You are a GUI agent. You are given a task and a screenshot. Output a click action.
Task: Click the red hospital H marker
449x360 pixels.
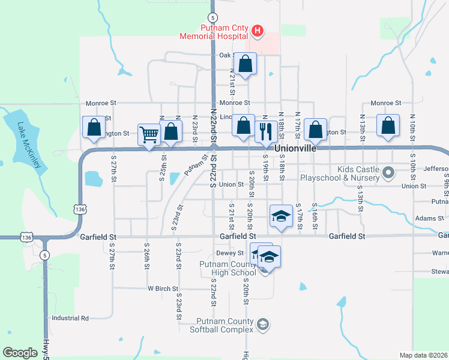click(x=257, y=31)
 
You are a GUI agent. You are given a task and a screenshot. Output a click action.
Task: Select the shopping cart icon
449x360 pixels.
click(x=149, y=133)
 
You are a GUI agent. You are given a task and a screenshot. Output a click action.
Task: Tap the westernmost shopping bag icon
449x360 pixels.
click(x=94, y=127)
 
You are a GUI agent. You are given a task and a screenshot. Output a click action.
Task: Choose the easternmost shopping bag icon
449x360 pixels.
click(x=388, y=126)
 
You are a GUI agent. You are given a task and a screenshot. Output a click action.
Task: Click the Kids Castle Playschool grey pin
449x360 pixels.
click(x=388, y=173)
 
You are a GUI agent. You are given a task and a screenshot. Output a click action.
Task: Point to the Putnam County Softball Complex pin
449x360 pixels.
click(x=262, y=325)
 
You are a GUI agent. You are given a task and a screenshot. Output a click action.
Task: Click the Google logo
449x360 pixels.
click(x=20, y=353)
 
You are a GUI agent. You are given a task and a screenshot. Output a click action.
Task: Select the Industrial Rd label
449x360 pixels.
click(x=70, y=318)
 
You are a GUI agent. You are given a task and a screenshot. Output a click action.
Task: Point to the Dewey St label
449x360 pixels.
click(x=229, y=253)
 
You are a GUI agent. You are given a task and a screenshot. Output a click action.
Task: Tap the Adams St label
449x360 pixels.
click(x=428, y=218)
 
